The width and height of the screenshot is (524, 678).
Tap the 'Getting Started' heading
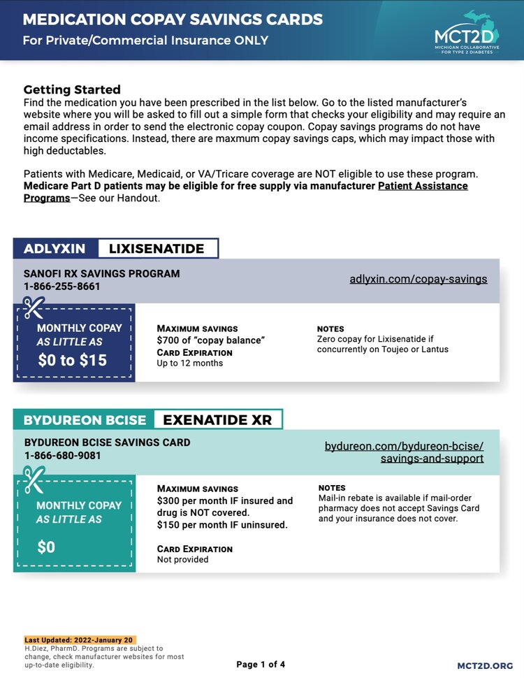coord(72,89)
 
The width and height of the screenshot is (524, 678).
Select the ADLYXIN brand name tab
coord(55,249)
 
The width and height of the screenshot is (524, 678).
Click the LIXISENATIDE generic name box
coord(157,249)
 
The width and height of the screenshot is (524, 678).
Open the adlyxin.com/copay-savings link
coord(419,279)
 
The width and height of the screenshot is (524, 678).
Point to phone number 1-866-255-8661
coord(62,287)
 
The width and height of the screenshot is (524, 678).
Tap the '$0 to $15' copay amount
coord(73,360)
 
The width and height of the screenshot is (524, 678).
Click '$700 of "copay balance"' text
coord(211,340)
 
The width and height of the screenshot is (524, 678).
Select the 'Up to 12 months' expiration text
coord(190,363)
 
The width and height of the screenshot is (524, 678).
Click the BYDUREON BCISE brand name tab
coord(85,420)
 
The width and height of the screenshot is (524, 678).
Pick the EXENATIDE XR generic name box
coord(217,420)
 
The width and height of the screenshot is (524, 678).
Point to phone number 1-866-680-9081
coord(63,456)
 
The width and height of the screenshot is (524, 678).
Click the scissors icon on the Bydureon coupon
coord(34,480)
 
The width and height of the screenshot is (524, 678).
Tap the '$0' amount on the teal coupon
coord(46,547)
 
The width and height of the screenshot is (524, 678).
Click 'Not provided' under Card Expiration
coord(182,559)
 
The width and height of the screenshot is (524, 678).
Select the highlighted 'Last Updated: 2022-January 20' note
coord(79,640)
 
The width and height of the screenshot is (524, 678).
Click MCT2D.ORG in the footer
coord(485,665)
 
